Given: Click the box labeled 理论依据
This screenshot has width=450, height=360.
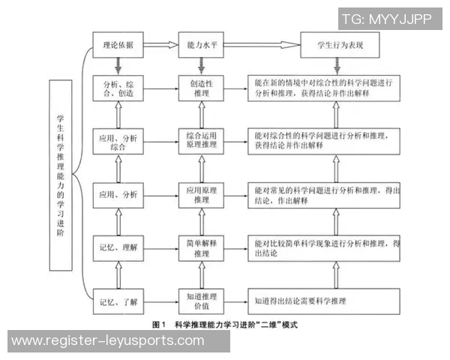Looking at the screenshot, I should (117, 45).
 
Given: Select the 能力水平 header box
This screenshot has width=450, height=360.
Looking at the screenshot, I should (200, 45).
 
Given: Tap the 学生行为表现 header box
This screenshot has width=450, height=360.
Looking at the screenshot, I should (338, 45).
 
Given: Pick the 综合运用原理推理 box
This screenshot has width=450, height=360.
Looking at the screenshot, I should (200, 140).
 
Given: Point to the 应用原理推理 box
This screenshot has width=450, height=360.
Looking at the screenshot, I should (200, 194).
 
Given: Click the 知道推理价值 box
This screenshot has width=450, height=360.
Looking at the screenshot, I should (200, 302).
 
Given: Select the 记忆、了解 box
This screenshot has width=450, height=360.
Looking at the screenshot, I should (117, 302).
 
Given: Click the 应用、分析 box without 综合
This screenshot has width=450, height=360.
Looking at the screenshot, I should (117, 194).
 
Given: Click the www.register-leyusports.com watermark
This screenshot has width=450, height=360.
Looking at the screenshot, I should (109, 341).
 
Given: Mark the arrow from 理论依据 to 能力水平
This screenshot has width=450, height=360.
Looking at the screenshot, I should (158, 45).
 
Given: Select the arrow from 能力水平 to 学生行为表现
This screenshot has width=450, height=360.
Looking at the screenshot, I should (261, 45).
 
